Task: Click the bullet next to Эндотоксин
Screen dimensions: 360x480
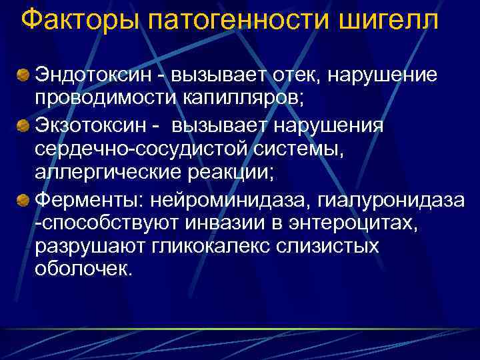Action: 24,73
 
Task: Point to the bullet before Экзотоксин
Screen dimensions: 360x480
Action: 24,125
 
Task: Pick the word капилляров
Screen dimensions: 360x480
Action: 253,98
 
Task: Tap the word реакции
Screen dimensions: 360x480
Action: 236,173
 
